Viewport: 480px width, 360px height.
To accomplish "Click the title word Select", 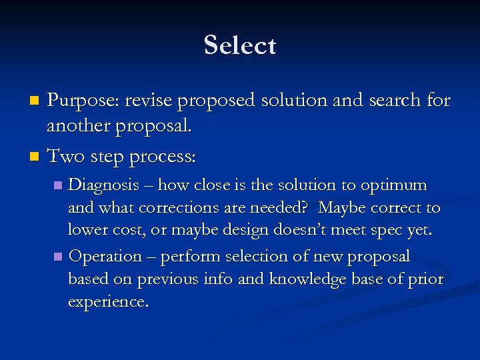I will tap(240, 46).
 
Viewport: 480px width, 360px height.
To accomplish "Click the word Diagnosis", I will tap(104, 185).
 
